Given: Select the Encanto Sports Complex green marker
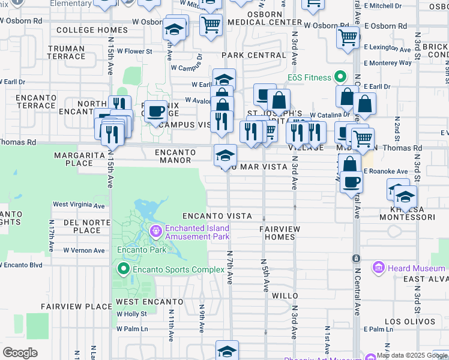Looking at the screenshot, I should click(124, 268).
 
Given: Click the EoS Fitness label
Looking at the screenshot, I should click(309, 77).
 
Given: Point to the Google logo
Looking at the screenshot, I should click(20, 353).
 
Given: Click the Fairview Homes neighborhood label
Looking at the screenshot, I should click(277, 233).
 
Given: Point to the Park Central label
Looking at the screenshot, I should click(254, 55).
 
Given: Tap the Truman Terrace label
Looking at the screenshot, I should click(67, 52).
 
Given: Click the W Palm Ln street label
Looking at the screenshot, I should click(132, 329).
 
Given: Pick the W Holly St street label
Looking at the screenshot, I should click(132, 314).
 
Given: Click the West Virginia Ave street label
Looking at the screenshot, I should click(79, 205).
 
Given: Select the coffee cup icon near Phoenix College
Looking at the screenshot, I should click(156, 111).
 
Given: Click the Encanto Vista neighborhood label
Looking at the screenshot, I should click(212, 215).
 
